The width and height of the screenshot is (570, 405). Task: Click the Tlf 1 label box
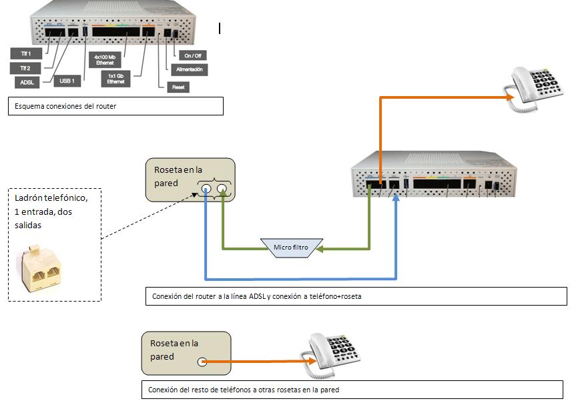[x=25, y=53]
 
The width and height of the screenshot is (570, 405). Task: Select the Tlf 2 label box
[x=25, y=68]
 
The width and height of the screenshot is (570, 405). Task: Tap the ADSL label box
[x=27, y=83]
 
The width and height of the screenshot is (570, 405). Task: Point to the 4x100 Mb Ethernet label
[x=105, y=60]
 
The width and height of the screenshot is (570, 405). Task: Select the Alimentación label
[x=189, y=69]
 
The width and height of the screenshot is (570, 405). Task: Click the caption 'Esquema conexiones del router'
[x=114, y=106]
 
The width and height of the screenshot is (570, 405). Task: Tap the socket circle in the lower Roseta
[x=202, y=362]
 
